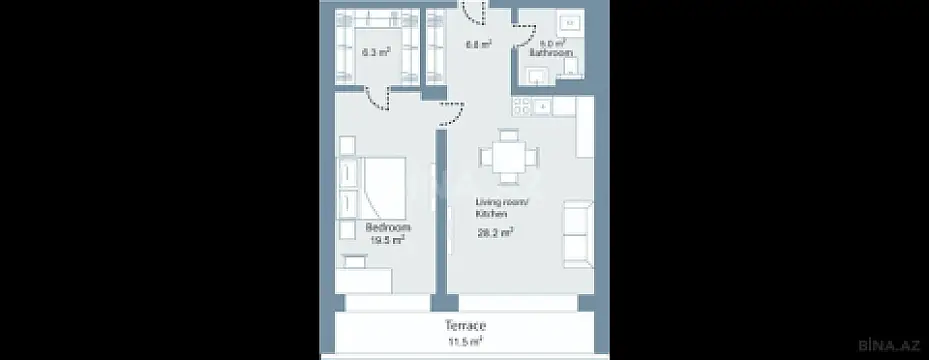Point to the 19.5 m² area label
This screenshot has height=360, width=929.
[386, 241]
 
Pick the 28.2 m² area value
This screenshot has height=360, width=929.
[496, 232]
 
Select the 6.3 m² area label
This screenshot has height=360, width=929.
[375, 52]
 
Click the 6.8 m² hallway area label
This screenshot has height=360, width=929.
[477, 44]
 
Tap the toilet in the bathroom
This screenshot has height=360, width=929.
[571, 65]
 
